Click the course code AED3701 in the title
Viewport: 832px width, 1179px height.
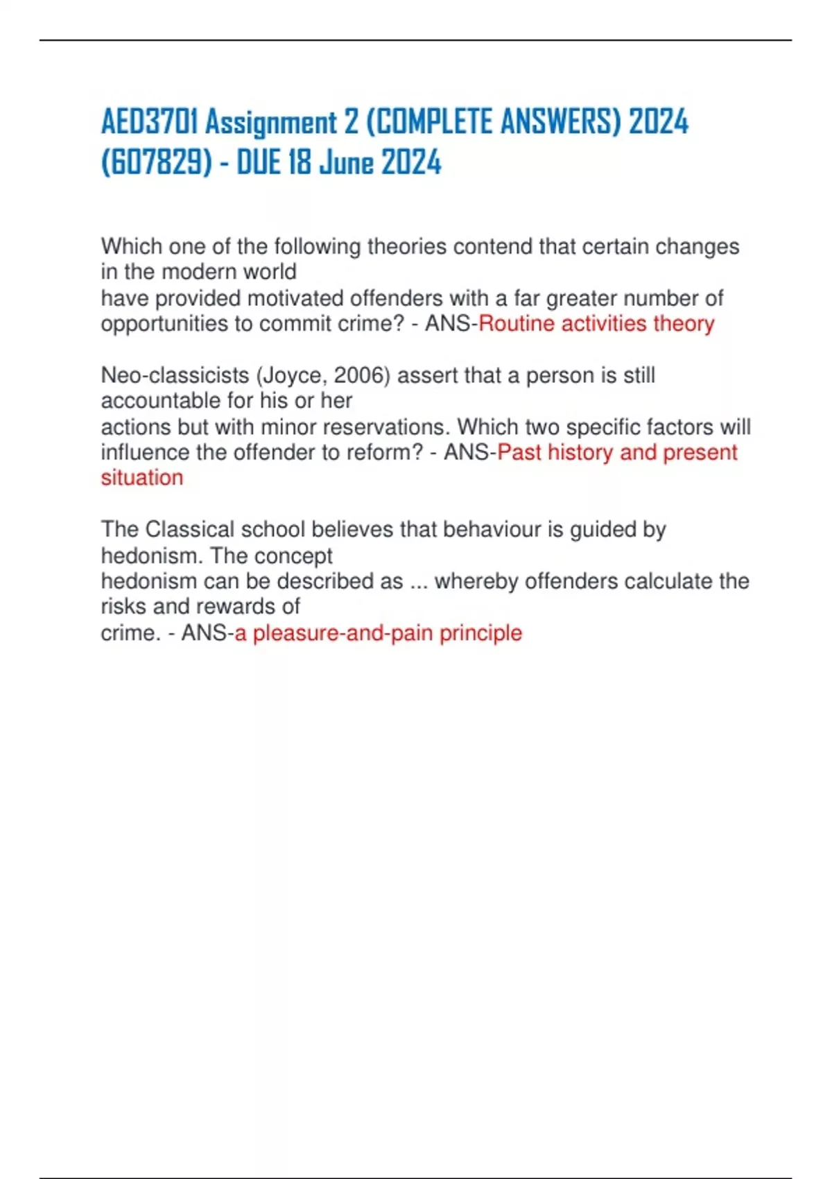[149, 123]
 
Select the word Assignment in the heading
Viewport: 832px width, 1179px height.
[271, 123]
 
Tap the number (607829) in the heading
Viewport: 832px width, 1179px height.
[157, 164]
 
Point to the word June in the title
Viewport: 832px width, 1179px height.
[346, 164]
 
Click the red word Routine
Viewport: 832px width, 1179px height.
[517, 324]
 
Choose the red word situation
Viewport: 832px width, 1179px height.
[142, 478]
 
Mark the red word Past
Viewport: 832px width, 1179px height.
[519, 452]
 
